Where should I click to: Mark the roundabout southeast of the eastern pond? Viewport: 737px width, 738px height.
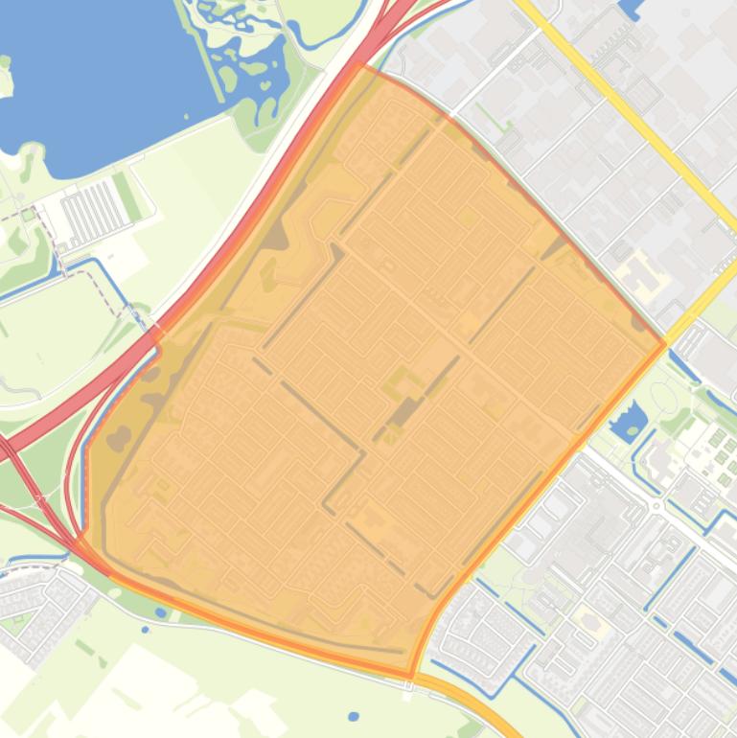656,504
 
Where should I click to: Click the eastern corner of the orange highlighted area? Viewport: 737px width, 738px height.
664,344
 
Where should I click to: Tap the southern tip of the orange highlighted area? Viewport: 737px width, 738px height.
411,676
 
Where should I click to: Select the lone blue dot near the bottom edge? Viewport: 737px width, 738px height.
354,716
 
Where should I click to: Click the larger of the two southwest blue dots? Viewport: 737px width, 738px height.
160,612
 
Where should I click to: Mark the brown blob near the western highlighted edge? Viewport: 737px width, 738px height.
119,439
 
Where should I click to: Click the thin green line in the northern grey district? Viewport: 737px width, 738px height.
489,120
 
